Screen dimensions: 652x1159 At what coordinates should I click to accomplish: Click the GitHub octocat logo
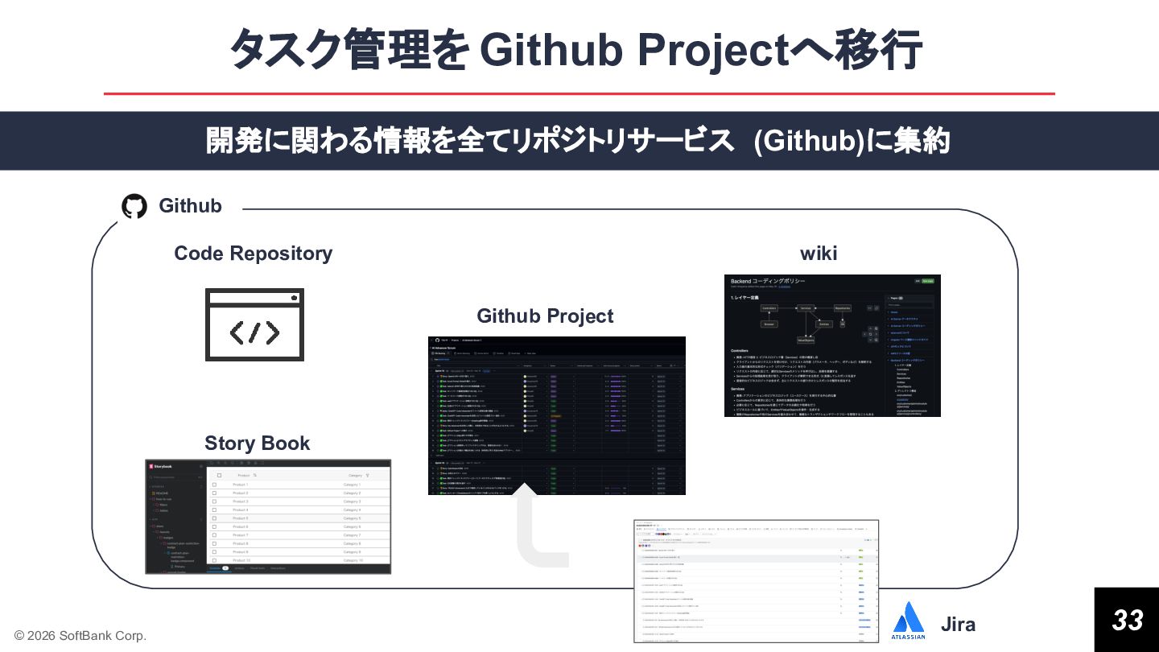click(134, 206)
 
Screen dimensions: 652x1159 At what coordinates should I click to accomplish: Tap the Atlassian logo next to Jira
click(909, 621)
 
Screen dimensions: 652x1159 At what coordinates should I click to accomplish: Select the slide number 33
click(1127, 620)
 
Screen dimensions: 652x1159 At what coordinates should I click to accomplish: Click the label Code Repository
click(253, 254)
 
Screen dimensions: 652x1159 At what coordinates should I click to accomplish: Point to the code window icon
click(254, 324)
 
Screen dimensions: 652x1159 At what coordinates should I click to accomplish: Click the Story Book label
click(257, 444)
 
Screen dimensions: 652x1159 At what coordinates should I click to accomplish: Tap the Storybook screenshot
click(268, 517)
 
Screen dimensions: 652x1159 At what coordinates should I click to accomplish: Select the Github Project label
click(545, 316)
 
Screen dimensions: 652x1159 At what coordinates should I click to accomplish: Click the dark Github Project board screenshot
click(556, 415)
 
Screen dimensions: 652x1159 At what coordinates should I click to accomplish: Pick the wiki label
click(819, 254)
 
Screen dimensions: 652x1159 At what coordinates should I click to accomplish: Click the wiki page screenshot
click(832, 345)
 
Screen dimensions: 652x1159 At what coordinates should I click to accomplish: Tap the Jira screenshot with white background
click(756, 581)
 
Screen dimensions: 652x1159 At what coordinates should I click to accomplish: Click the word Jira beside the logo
click(958, 625)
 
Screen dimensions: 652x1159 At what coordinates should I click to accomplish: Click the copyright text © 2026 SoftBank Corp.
click(80, 636)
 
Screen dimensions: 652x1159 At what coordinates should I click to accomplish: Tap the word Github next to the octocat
click(190, 206)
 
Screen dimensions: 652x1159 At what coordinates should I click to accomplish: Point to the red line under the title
click(579, 94)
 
